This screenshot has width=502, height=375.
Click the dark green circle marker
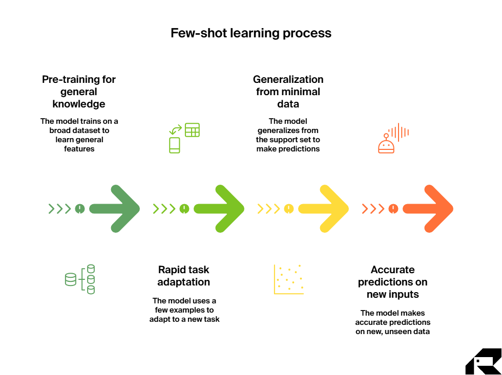79,209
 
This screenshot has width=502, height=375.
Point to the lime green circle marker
184,209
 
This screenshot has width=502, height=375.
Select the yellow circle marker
289,209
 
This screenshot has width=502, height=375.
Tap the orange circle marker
393,209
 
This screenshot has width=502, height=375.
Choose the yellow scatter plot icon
289,279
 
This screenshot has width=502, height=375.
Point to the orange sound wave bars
399,132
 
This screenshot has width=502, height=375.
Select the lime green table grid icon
192,130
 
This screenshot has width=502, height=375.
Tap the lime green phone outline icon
175,145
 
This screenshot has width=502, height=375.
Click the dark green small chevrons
59,209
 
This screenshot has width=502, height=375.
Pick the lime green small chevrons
164,209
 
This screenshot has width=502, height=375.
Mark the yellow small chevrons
268,209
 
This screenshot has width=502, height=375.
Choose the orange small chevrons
373,209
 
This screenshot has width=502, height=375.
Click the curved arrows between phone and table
176,130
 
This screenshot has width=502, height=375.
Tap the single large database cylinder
70,279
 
